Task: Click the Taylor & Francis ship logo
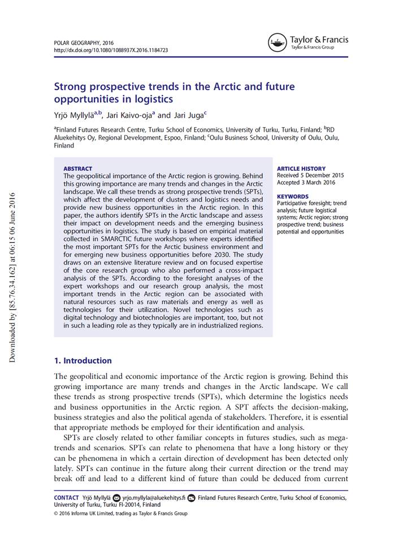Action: point(277,42)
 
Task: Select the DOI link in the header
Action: point(111,50)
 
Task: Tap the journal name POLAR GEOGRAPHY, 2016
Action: point(84,43)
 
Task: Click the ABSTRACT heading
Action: point(77,169)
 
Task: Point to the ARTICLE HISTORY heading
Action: point(301,169)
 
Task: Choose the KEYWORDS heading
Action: point(293,196)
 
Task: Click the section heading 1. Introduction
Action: point(83,360)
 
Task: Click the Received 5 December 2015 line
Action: point(310,175)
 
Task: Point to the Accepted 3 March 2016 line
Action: point(306,182)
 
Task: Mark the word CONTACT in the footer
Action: point(66,498)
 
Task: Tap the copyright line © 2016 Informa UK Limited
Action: point(120,514)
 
